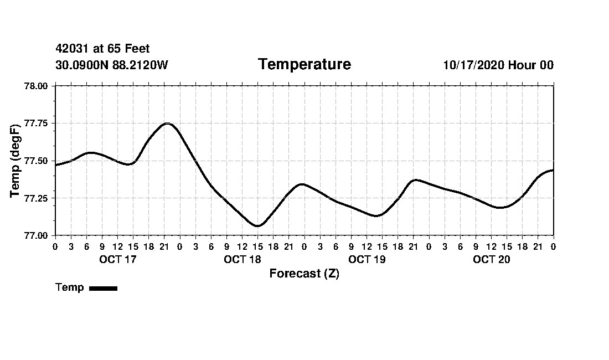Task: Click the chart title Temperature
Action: click(x=304, y=64)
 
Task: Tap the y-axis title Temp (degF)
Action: click(x=15, y=160)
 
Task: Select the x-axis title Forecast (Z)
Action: click(x=304, y=273)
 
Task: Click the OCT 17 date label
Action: click(x=117, y=259)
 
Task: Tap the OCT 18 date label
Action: click(x=242, y=259)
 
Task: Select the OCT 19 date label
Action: click(x=367, y=259)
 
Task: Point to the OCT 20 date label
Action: click(x=491, y=259)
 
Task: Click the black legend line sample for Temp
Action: click(x=103, y=288)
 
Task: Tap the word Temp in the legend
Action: click(x=70, y=287)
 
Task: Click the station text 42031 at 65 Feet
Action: click(x=102, y=49)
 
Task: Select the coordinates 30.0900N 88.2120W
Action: click(x=111, y=65)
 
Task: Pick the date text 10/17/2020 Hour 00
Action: click(x=498, y=65)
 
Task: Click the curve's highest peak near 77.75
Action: click(x=167, y=124)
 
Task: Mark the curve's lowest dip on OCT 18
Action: click(x=257, y=226)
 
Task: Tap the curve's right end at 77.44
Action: click(x=553, y=170)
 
